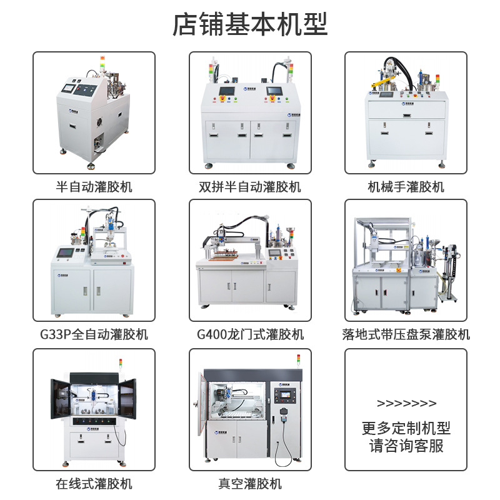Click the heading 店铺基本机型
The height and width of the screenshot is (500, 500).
(x=250, y=24)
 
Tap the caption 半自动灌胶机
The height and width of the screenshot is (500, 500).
(x=94, y=187)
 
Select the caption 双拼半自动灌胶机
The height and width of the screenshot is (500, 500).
(x=250, y=187)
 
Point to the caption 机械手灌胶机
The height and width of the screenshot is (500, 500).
(x=406, y=187)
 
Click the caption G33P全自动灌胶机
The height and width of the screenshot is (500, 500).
(x=94, y=334)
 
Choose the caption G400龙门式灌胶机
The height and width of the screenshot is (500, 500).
(x=251, y=334)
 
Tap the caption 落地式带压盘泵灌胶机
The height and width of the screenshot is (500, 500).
(x=406, y=334)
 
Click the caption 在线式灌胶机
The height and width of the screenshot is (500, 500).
(x=94, y=484)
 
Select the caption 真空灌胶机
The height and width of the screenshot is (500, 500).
(x=251, y=484)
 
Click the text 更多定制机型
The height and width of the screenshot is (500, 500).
(x=406, y=428)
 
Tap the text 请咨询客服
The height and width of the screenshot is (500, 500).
(x=406, y=446)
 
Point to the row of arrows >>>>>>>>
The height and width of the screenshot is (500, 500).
(x=407, y=403)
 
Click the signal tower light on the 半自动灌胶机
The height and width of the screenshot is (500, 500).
(x=102, y=63)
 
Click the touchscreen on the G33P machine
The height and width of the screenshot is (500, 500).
(x=66, y=252)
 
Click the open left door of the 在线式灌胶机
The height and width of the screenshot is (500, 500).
(x=60, y=399)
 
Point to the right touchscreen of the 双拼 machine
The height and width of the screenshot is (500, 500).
(x=274, y=91)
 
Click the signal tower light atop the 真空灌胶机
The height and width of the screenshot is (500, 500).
(x=299, y=361)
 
